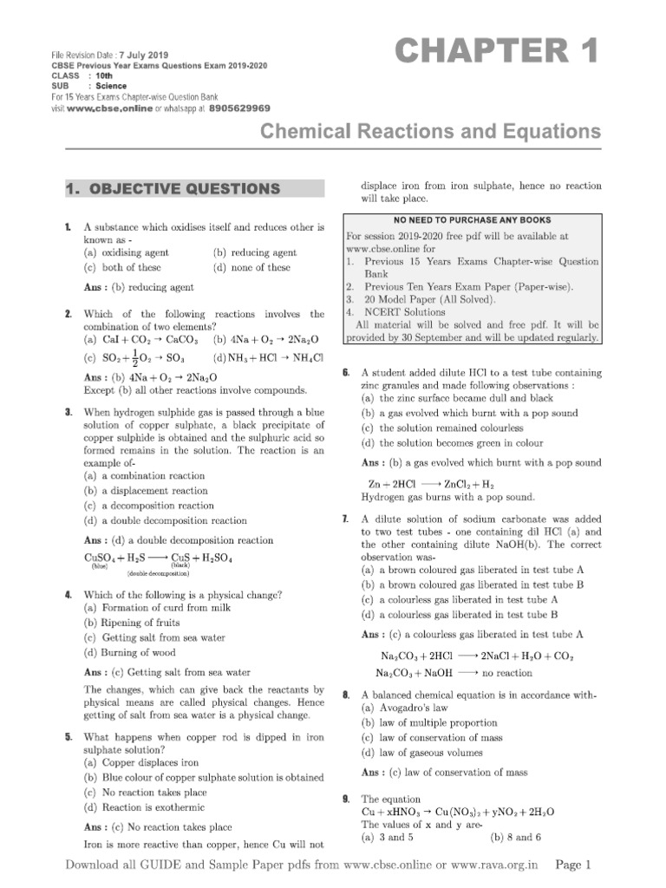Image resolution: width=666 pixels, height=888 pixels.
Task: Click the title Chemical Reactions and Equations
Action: pyautogui.click(x=430, y=132)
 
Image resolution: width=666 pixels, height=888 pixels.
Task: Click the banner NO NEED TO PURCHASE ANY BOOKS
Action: pyautogui.click(x=473, y=220)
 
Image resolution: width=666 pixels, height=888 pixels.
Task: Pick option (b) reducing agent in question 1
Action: pyautogui.click(x=255, y=253)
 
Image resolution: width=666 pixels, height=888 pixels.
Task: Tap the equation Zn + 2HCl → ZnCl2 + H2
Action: pyautogui.click(x=431, y=485)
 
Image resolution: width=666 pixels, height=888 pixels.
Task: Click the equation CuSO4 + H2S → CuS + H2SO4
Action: pyautogui.click(x=159, y=558)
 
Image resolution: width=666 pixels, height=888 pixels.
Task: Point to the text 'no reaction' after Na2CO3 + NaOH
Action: pyautogui.click(x=507, y=672)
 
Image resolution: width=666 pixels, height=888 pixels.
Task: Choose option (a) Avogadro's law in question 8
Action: pyautogui.click(x=410, y=708)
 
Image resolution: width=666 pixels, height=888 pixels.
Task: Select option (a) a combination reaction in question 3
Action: pyautogui.click(x=144, y=476)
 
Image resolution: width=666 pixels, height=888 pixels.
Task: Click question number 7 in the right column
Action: pyautogui.click(x=346, y=519)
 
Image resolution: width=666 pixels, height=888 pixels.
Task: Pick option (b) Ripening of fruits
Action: pyautogui.click(x=132, y=623)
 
